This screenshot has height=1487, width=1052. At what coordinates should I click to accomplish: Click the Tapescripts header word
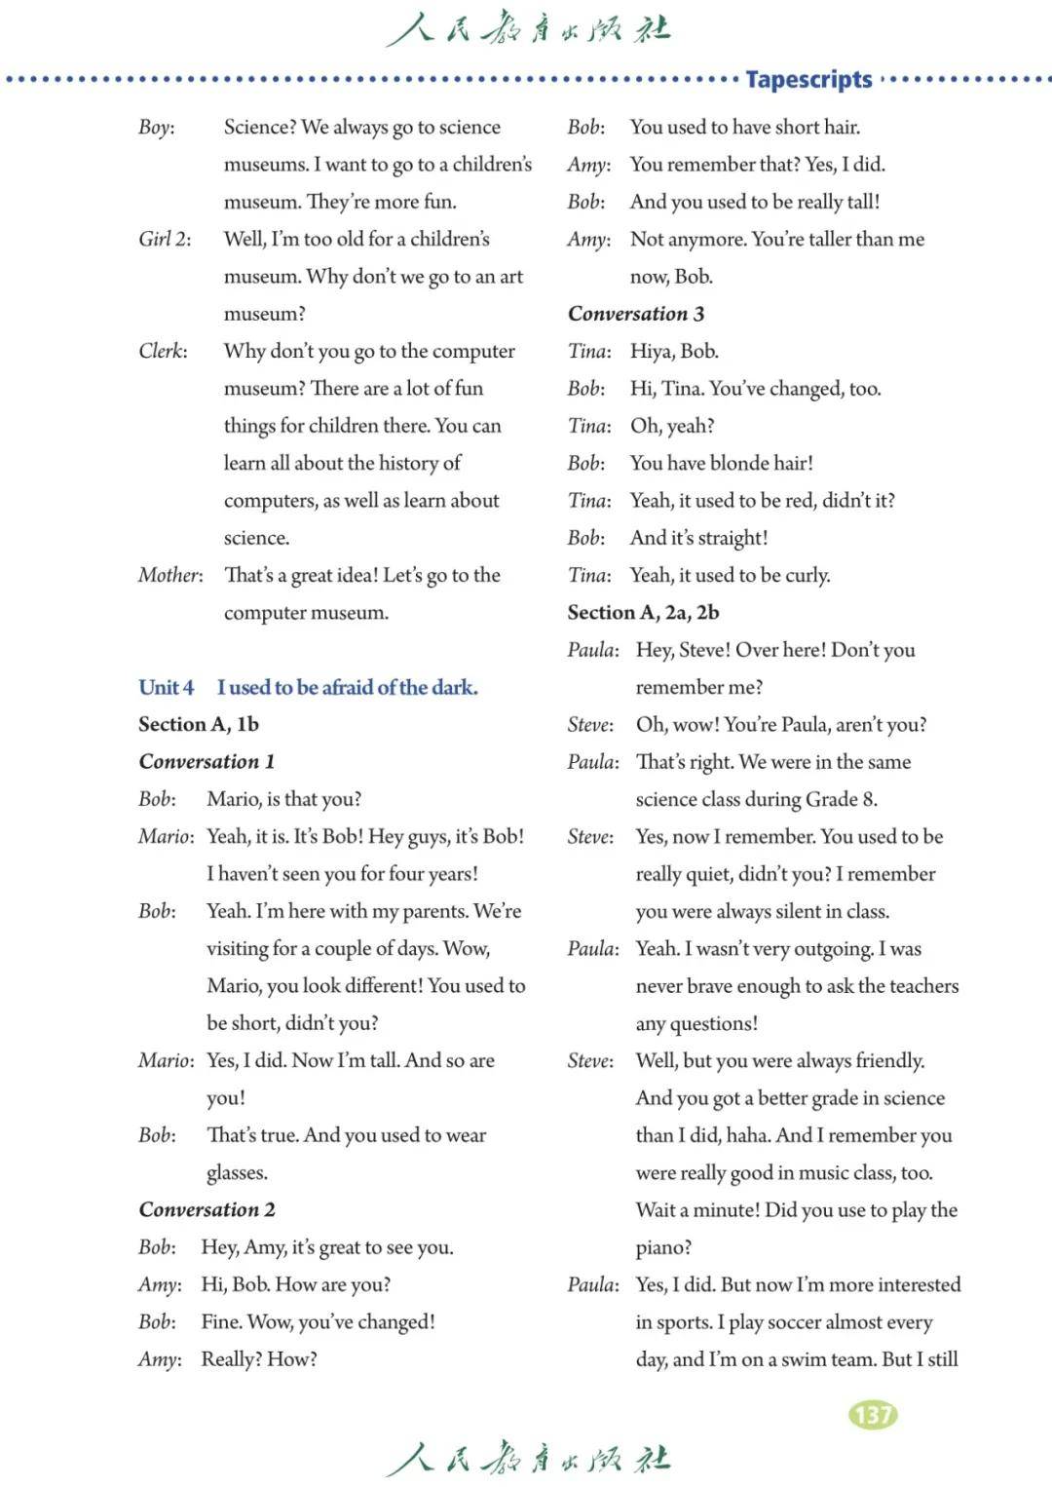[808, 79]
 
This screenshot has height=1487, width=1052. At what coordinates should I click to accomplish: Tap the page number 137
[873, 1414]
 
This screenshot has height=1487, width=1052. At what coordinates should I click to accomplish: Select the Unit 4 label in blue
[166, 687]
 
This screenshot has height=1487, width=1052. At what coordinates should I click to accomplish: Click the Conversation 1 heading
[207, 761]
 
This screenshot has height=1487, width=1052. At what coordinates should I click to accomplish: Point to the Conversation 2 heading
[207, 1209]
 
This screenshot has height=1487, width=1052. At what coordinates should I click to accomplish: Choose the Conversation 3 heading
[635, 314]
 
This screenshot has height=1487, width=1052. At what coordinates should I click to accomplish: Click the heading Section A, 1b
[199, 724]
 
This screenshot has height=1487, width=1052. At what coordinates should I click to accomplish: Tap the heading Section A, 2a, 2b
[643, 612]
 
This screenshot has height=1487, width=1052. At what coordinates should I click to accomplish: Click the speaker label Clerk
[163, 351]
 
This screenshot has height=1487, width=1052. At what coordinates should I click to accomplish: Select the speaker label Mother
[170, 575]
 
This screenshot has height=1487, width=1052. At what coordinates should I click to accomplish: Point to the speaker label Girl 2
[165, 239]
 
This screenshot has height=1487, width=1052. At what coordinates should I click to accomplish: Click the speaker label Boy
[156, 127]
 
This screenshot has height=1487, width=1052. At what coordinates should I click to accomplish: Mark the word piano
[662, 1247]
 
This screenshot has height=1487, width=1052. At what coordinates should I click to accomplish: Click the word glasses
[236, 1172]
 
